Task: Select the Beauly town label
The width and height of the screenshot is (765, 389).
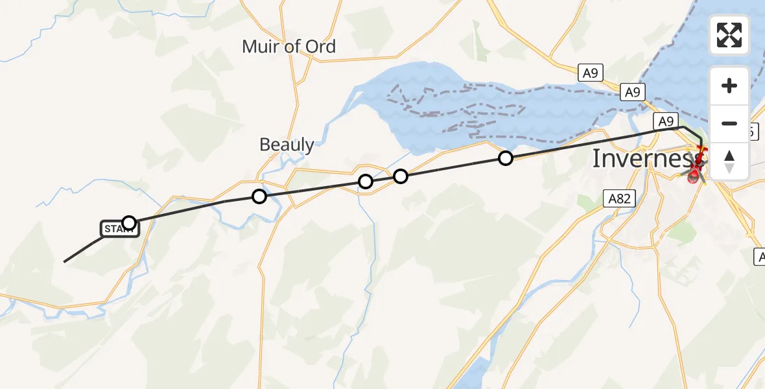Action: (x=287, y=145)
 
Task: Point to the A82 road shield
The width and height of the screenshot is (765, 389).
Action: (x=619, y=199)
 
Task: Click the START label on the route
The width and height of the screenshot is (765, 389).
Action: (x=119, y=229)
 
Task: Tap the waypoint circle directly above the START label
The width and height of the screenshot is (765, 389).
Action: (x=129, y=223)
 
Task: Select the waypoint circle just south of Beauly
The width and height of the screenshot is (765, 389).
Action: (x=259, y=196)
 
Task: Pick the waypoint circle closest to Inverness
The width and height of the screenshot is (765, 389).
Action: (x=505, y=158)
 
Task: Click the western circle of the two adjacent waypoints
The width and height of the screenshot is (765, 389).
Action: (x=366, y=182)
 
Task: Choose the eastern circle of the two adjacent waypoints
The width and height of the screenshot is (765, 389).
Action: (x=401, y=176)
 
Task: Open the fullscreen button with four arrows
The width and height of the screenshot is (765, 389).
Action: (x=729, y=35)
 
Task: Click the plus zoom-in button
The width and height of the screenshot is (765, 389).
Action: (x=729, y=86)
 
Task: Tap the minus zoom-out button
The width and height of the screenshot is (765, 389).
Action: (x=729, y=123)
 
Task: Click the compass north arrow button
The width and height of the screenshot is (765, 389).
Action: (x=729, y=161)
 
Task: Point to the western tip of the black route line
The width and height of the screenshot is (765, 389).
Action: (x=65, y=261)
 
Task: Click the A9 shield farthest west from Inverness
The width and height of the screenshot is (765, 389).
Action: (x=589, y=73)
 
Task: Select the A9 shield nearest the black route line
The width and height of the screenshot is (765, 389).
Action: (x=667, y=121)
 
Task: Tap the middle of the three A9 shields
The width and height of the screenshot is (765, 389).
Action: (x=631, y=93)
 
